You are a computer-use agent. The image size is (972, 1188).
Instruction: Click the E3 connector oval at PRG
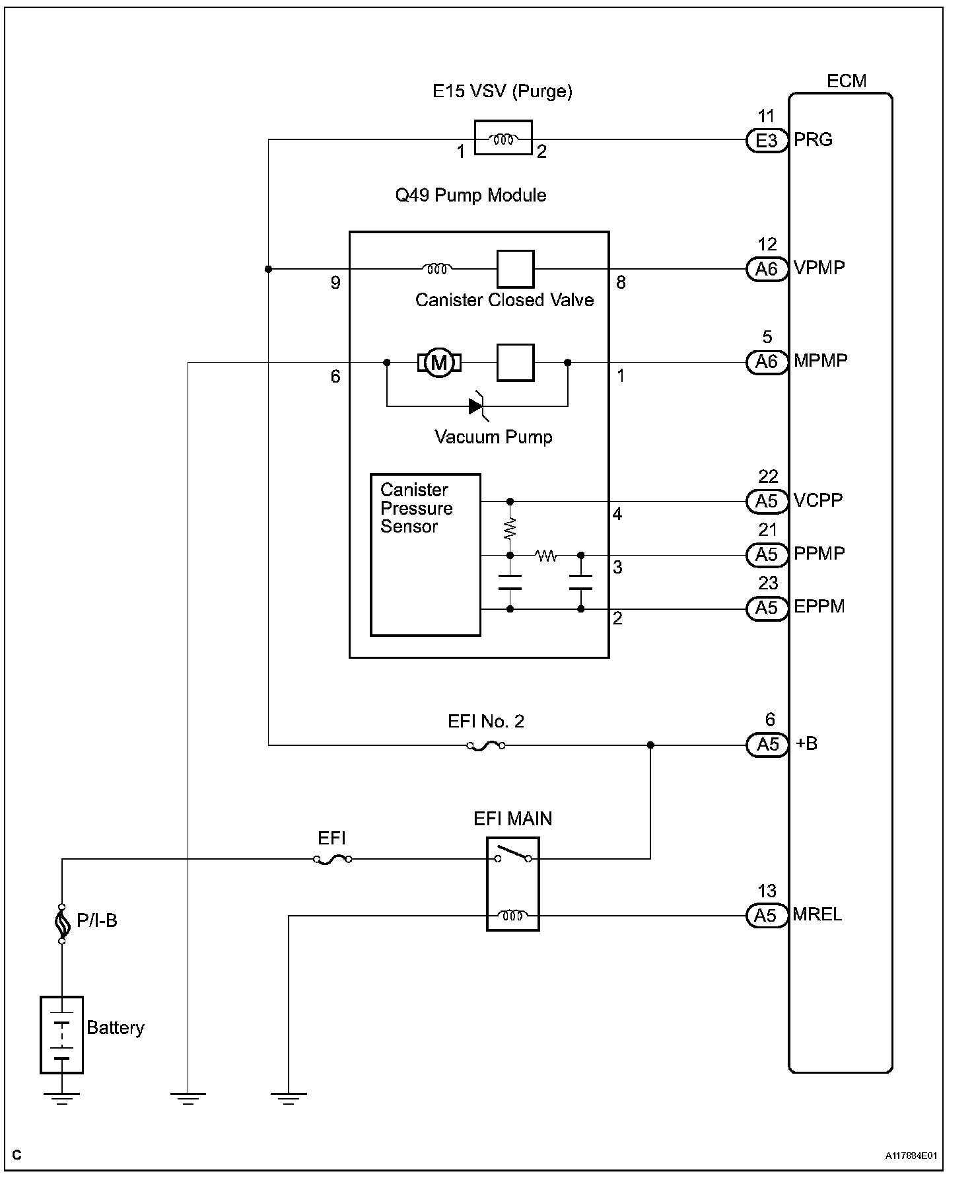767,140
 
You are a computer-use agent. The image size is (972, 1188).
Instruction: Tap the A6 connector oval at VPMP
767,269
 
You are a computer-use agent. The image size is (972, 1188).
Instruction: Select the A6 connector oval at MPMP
767,362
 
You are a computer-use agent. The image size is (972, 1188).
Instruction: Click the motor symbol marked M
438,362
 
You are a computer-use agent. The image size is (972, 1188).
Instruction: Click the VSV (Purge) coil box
503,138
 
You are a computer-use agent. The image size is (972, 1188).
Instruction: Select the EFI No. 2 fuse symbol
486,746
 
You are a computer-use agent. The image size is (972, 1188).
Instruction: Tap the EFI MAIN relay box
513,884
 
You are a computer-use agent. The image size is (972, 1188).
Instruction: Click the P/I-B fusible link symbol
62,923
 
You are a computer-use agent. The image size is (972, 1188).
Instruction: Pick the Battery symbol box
61,1035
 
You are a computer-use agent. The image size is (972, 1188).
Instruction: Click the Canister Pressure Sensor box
425,555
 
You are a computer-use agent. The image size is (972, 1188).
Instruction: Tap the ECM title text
846,81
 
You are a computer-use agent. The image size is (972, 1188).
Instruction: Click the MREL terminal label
817,915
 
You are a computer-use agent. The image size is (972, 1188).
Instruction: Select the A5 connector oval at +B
767,745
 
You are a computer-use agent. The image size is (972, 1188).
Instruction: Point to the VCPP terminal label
818,500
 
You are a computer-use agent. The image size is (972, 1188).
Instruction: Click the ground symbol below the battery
61,1098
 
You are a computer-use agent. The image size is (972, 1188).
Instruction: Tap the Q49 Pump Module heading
470,196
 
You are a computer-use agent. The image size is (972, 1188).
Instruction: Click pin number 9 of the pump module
335,283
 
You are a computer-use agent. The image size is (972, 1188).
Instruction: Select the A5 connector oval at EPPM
767,608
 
